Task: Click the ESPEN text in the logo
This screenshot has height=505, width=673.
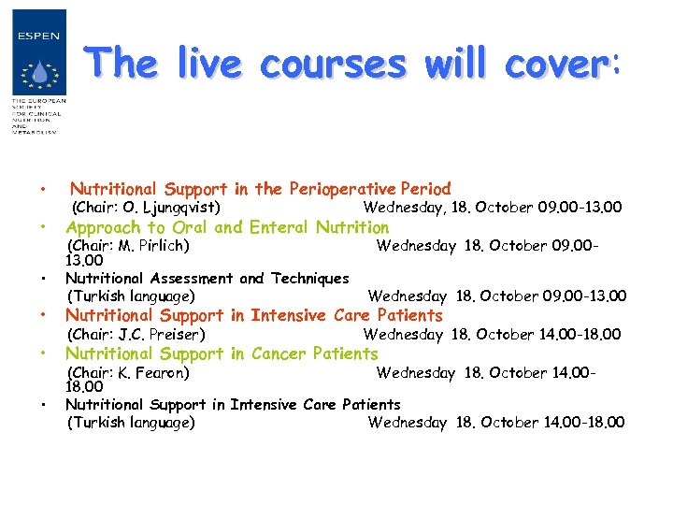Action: [38, 36]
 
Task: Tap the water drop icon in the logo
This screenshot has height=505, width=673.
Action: [39, 72]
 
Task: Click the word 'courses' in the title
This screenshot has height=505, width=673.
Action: [334, 65]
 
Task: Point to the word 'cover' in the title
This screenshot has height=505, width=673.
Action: [554, 65]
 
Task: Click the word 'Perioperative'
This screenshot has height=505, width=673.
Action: [337, 189]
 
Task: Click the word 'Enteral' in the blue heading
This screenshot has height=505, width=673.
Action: [281, 227]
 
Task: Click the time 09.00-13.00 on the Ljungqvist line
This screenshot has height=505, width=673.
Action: [577, 208]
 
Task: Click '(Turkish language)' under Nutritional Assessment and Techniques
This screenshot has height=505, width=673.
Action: [131, 296]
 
